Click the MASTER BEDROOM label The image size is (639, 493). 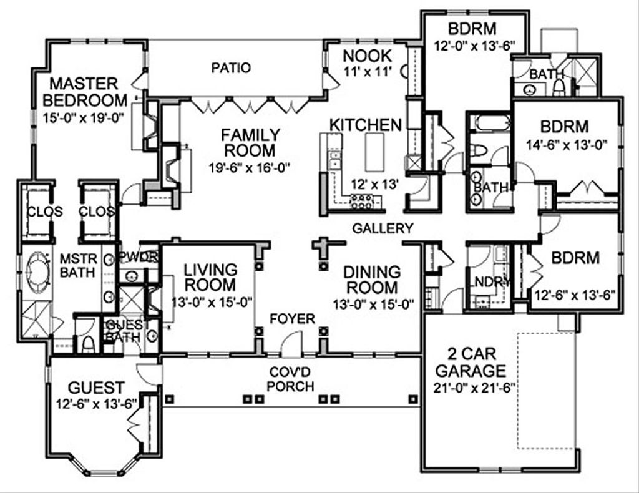[x=84, y=92]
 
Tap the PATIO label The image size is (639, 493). [x=230, y=67]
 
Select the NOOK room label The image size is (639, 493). [x=368, y=56]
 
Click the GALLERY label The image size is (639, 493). [x=383, y=228]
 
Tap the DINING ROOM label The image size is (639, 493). [x=372, y=280]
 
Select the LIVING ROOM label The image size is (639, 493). [x=210, y=278]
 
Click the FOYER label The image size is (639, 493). [x=291, y=319]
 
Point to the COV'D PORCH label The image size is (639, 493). [x=290, y=379]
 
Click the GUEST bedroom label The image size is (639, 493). [x=96, y=388]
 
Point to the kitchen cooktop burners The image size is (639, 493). [x=363, y=200]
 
